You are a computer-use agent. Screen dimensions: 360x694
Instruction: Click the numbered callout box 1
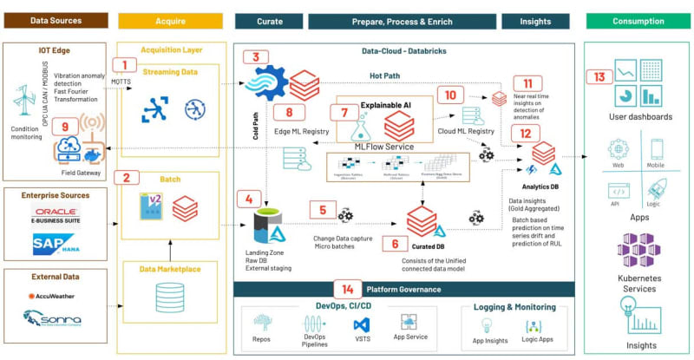tap(127, 64)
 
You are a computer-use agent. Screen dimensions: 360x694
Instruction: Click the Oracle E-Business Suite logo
tap(55, 214)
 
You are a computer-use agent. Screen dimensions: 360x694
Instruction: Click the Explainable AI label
tap(386, 105)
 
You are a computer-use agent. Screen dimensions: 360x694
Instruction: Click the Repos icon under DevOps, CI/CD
tap(261, 322)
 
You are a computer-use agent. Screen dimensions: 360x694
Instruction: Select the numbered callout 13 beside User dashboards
tap(598, 77)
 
